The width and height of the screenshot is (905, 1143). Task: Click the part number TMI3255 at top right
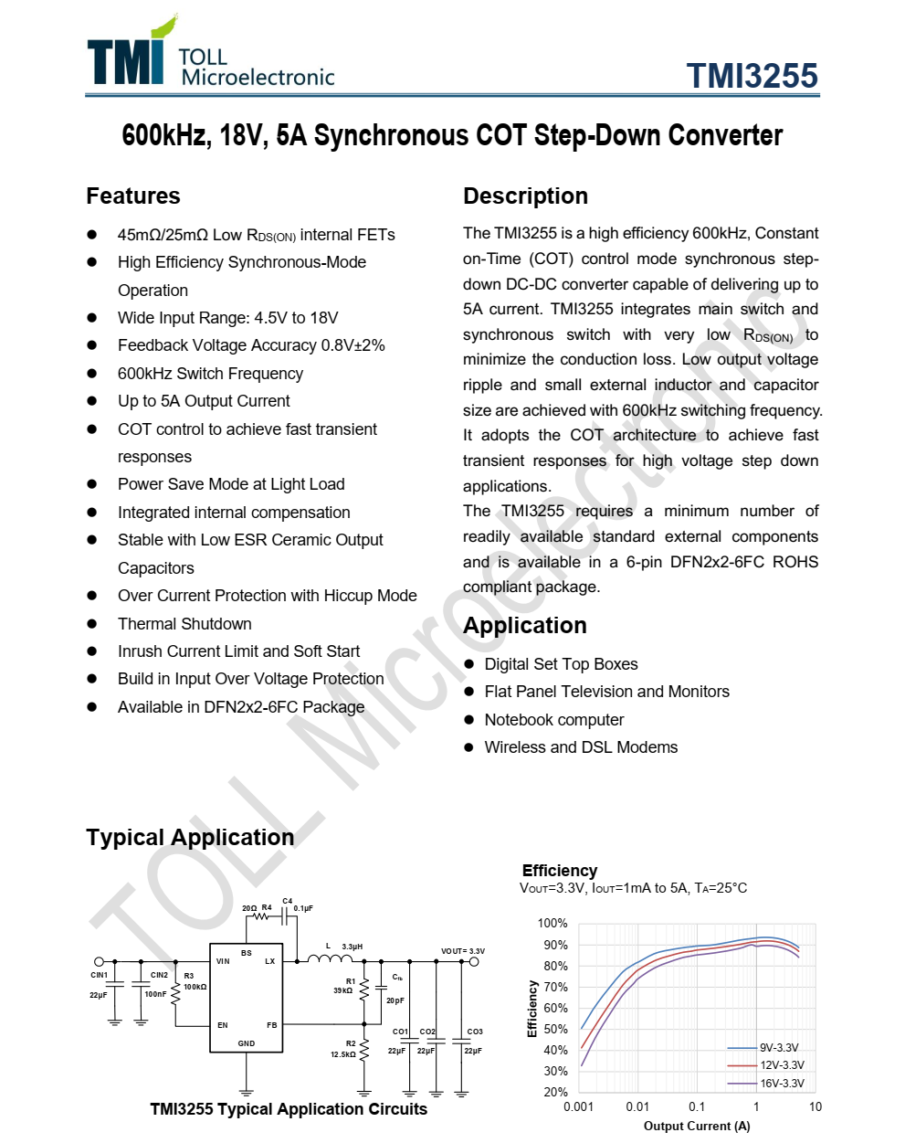pos(752,76)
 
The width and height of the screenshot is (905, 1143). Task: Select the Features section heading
pos(133,196)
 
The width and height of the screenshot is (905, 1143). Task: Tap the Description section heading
pos(525,196)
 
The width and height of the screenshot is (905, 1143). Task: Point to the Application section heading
pos(525,626)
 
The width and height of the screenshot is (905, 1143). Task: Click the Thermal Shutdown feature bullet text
pos(184,624)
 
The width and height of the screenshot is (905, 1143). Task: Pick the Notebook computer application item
pos(554,720)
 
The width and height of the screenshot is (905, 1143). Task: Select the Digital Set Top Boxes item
pos(561,664)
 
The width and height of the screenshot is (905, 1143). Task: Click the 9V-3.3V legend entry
pos(779,1048)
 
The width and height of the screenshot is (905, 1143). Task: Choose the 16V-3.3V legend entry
pos(782,1084)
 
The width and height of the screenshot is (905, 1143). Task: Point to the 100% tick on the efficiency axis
pos(552,924)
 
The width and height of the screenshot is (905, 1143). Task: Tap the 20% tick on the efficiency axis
pos(555,1092)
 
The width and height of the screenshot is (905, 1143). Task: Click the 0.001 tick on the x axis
pos(578,1106)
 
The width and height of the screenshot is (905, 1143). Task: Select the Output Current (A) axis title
pos(697,1126)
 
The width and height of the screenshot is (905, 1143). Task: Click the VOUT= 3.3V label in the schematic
pos(463,951)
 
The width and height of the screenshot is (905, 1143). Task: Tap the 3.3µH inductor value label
pos(353,947)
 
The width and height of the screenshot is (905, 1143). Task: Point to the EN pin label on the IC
pos(223,1025)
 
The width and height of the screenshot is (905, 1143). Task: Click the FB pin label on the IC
pos(271,1025)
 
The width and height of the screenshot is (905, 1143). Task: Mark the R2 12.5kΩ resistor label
pos(344,1049)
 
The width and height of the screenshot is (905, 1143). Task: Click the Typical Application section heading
pos(190,838)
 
